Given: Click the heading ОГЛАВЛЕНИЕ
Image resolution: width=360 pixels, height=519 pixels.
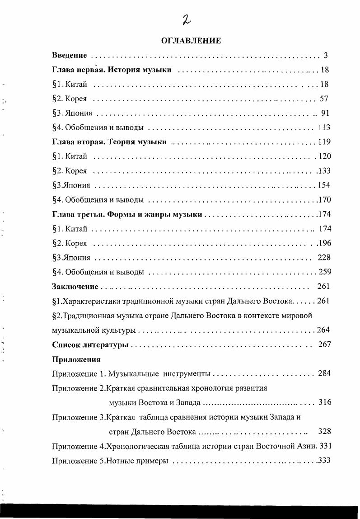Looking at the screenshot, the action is pos(191,41).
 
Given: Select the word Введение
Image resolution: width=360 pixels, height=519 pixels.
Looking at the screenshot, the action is pos(69,56).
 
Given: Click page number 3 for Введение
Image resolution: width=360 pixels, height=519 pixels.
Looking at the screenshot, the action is pos(325,56).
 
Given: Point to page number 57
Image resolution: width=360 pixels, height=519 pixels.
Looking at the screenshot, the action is pos(324,99).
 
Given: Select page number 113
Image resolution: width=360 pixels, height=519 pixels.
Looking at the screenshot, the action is pos(324,127).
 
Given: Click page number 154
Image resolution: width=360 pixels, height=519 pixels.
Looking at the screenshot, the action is pos(324,185).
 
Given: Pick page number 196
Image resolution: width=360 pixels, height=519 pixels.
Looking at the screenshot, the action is pos(325,243).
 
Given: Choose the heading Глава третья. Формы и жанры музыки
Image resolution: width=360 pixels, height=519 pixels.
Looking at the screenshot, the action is pos(127,214).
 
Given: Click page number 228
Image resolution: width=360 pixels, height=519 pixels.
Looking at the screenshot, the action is pos(324,257).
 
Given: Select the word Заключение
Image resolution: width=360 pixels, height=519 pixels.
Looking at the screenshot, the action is pos(75,286).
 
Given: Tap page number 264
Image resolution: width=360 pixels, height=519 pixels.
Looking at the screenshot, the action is pos(323,330).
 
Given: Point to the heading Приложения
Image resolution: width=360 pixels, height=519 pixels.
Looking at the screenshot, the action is pos(76,359).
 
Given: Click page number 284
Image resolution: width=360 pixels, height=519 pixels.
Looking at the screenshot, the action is pos(324,373).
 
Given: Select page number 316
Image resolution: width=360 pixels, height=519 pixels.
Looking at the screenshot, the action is pos(325,402).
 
